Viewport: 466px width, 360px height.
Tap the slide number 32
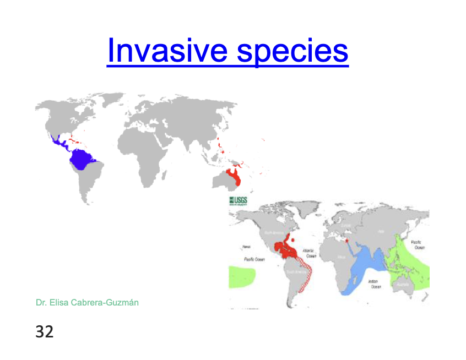tap(45, 331)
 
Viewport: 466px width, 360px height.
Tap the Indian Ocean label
tap(376, 284)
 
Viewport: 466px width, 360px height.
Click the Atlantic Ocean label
tap(311, 253)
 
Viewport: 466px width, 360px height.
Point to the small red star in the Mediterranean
tap(346, 239)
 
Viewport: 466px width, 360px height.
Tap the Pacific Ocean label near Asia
tap(419, 244)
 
